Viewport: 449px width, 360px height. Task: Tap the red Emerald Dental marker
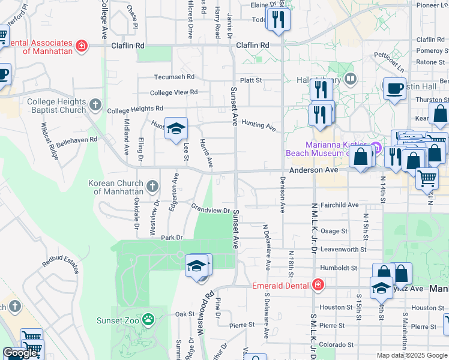(x=318, y=285)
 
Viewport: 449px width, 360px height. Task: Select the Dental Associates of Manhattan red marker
(x=81, y=46)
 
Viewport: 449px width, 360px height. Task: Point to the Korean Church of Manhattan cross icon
(x=152, y=187)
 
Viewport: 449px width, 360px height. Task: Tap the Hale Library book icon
(x=351, y=80)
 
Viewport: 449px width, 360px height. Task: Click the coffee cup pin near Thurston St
(x=394, y=88)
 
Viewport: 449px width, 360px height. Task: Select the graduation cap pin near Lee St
(x=176, y=128)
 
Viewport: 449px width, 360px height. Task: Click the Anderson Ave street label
(x=314, y=170)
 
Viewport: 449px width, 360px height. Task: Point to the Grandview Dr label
(x=211, y=210)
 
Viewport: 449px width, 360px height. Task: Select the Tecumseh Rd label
(x=175, y=77)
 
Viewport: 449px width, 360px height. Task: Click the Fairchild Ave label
(x=339, y=205)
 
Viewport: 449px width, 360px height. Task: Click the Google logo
(x=20, y=353)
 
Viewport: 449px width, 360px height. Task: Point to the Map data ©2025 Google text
(x=411, y=355)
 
